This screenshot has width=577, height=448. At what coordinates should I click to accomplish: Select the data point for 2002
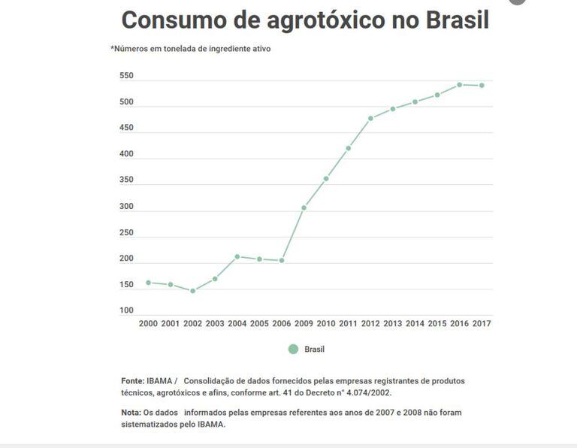[192, 291]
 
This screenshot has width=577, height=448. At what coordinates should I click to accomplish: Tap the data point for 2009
[304, 207]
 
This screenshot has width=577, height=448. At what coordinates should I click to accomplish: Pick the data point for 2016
[459, 85]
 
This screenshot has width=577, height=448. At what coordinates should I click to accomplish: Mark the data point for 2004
[237, 257]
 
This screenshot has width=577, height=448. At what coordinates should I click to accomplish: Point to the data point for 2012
[370, 118]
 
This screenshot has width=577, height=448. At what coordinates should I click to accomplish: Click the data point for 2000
[148, 283]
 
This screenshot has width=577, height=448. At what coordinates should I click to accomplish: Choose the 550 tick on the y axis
[126, 76]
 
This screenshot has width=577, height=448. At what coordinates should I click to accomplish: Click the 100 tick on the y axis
[126, 310]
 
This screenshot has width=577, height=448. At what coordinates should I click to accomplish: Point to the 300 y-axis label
[126, 207]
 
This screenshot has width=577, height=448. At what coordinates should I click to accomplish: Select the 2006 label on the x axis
[281, 324]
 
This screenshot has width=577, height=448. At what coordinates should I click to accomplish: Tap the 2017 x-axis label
[482, 324]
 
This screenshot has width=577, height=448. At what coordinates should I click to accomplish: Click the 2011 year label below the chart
[348, 324]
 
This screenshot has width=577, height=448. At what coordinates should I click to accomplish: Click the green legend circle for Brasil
[293, 349]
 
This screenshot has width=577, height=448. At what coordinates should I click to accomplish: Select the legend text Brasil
[315, 350]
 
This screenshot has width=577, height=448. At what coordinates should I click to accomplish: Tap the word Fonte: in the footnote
[132, 381]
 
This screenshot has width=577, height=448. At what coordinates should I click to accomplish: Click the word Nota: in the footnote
[131, 413]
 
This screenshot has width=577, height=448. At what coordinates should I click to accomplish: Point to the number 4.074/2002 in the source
[364, 392]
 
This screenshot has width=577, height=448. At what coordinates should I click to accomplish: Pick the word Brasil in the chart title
[457, 20]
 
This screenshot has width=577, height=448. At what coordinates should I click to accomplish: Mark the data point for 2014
[415, 101]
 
